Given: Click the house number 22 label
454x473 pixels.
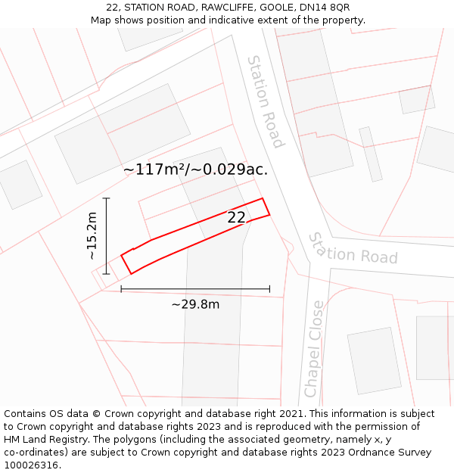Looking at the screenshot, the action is (x=237, y=218).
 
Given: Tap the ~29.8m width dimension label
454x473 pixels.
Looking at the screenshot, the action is (x=195, y=304).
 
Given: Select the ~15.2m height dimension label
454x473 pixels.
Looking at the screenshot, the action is (x=92, y=236).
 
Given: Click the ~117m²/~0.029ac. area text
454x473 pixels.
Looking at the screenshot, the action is (x=195, y=170).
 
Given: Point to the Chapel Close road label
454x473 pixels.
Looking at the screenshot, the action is (x=314, y=349).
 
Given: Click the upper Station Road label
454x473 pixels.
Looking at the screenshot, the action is (x=266, y=101).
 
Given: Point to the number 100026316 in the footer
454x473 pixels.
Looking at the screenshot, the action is (x=33, y=465).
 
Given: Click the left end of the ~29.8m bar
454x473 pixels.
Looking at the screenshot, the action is (x=121, y=289).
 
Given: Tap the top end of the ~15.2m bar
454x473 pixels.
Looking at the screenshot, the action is (x=107, y=198).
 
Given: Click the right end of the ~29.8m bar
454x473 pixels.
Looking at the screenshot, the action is (x=269, y=289).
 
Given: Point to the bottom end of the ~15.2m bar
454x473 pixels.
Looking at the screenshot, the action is (x=107, y=274).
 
